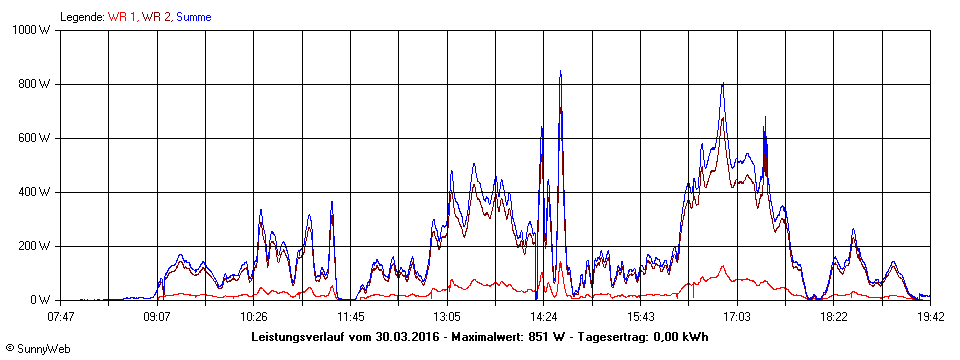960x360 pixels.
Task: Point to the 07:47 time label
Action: tap(61, 316)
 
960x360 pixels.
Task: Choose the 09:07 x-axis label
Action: tap(157, 316)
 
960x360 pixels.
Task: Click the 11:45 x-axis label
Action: tap(350, 316)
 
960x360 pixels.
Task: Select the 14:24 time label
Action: tap(544, 316)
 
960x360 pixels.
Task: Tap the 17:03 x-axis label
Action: tap(737, 316)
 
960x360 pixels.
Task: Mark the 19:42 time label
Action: tap(930, 316)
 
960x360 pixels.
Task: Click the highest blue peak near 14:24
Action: tap(560, 72)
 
